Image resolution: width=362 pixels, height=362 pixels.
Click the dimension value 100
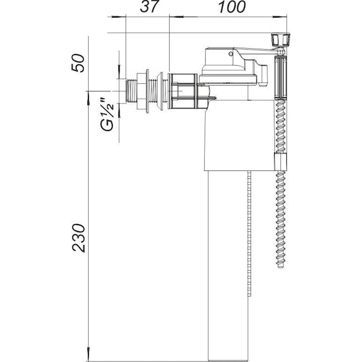coord(232,7)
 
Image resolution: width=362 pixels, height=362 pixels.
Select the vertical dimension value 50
coord(78,63)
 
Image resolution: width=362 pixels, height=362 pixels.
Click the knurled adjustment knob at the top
coord(281,39)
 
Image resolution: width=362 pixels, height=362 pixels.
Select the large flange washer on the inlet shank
coord(147,91)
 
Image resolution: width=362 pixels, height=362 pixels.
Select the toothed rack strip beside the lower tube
coord(249,235)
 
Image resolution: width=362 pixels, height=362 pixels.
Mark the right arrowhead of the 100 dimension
coord(284,16)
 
